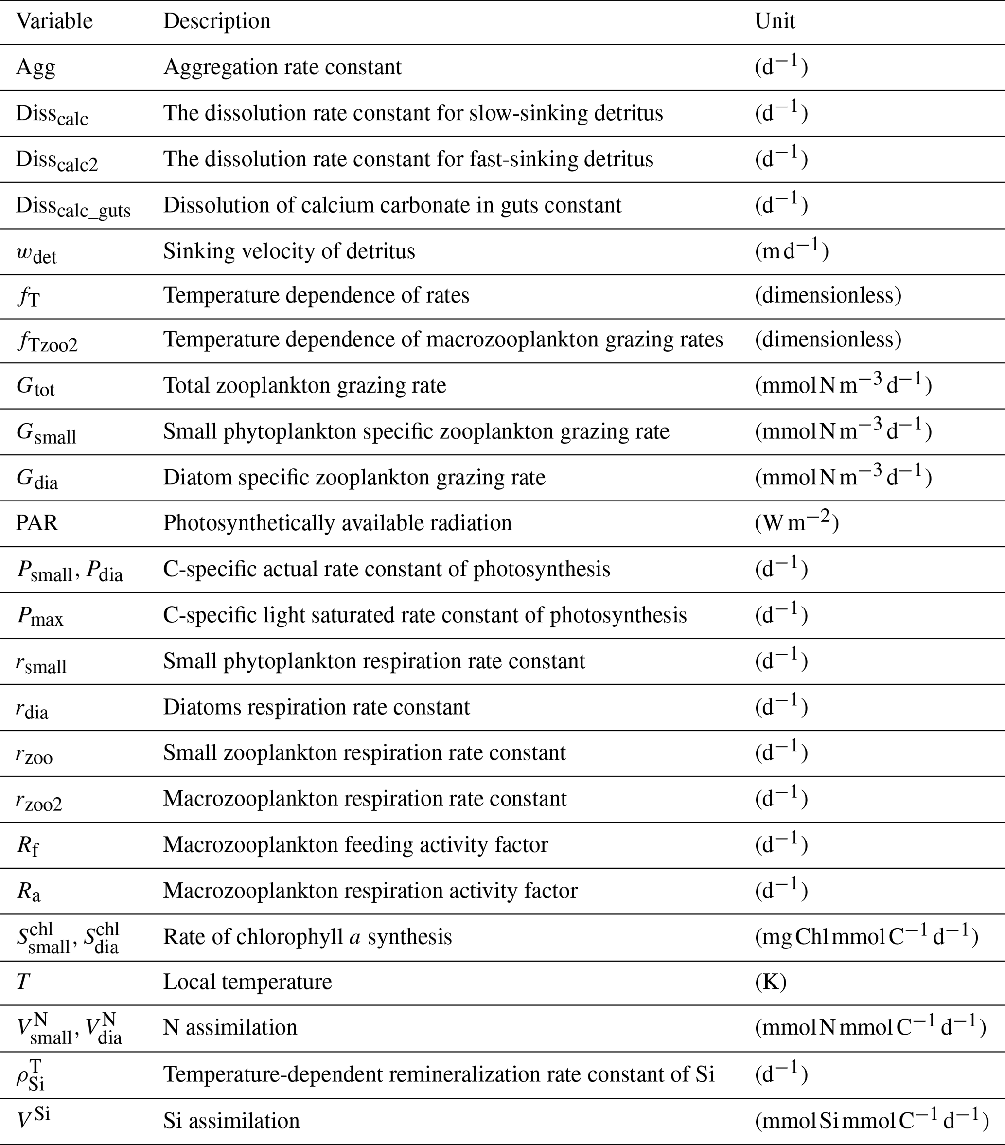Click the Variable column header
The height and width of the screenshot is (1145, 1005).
(54, 21)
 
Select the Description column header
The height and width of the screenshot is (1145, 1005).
(217, 21)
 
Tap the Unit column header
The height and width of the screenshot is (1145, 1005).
(775, 21)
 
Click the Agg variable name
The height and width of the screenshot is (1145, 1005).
(35, 68)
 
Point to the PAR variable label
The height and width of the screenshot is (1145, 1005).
(37, 523)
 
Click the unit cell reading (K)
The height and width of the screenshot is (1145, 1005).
(771, 982)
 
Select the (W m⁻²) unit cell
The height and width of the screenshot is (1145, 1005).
(796, 523)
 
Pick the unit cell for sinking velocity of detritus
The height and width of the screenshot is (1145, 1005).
(792, 251)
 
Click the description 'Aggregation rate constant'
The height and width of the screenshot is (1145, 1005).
(282, 67)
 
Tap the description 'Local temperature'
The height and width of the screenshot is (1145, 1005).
(247, 982)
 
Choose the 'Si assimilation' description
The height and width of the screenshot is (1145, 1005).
(231, 1120)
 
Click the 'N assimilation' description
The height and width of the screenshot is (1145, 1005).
(230, 1028)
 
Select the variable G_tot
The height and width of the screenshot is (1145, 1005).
(35, 387)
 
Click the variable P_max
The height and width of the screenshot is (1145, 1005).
(39, 616)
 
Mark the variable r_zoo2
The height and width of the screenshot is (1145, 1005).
(38, 800)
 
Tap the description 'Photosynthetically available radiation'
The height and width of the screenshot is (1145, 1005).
(337, 523)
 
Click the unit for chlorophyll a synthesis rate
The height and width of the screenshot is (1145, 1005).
(866, 937)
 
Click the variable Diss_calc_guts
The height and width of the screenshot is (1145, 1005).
(73, 207)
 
